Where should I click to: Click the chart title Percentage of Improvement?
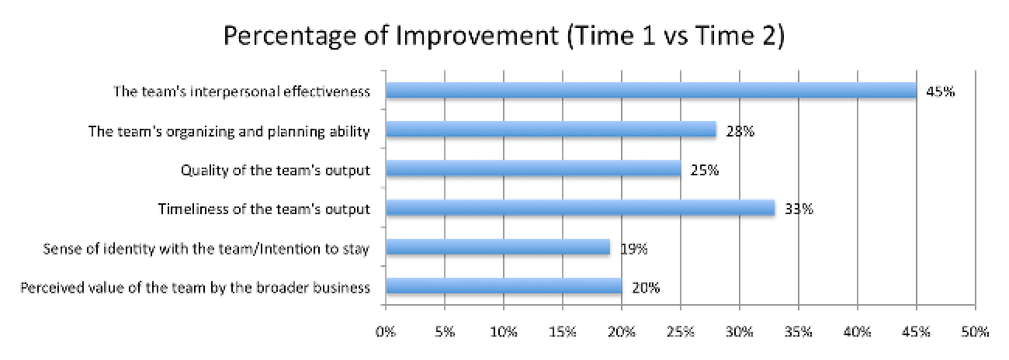504,36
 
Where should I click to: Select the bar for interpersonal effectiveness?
650,91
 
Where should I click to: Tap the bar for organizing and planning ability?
550,130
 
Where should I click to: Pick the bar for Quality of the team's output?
532,169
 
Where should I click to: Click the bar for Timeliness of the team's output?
580,209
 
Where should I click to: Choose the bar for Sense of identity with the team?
498,248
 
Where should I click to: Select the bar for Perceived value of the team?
503,287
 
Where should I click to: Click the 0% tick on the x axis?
385,333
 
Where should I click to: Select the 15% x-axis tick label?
562,333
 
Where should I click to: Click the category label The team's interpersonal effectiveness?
241,92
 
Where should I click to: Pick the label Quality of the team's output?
275,170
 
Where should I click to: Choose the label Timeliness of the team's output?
264,209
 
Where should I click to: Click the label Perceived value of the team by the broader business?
196,288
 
